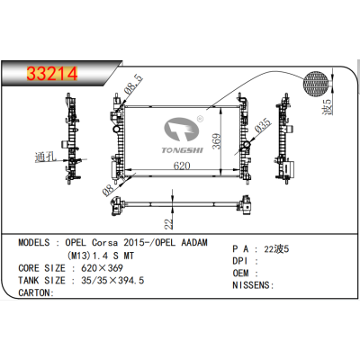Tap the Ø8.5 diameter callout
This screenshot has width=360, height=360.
[x=133, y=88]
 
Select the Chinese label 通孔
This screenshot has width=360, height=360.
[x=44, y=154]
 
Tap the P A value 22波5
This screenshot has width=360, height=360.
[x=275, y=247]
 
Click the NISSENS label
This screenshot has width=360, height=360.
[x=255, y=285]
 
